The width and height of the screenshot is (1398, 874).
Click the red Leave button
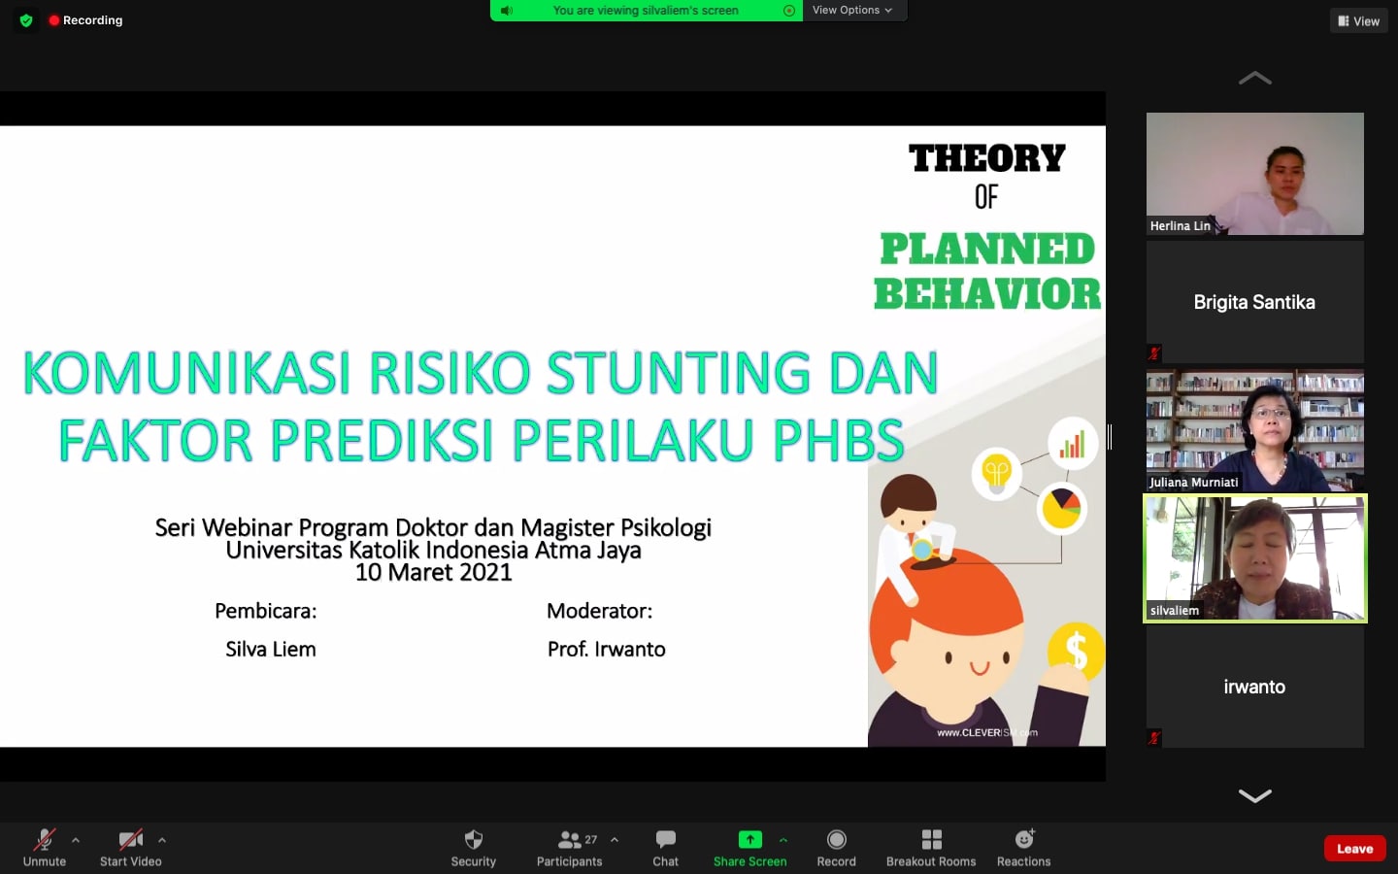tap(1354, 849)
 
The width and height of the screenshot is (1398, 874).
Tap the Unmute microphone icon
tap(45, 840)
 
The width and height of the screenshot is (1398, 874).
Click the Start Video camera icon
tap(130, 840)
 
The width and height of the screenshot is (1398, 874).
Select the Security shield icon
tap(474, 840)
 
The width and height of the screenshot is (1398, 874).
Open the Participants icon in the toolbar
tap(569, 840)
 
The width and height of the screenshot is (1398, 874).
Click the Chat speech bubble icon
tap(665, 840)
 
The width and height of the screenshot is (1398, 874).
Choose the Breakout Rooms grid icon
tap(931, 840)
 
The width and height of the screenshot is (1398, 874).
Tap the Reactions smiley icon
tap(1024, 839)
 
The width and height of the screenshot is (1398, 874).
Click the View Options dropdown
tap(852, 10)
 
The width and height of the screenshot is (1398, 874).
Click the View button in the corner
tap(1359, 21)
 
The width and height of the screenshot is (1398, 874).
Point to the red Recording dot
tap(53, 20)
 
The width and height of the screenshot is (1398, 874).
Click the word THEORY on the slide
tap(986, 157)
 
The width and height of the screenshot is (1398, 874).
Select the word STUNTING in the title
tap(679, 372)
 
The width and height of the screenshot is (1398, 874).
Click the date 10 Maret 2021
tap(433, 572)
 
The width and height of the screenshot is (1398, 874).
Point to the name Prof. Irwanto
tap(606, 650)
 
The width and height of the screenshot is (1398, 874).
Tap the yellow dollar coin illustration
tap(1076, 651)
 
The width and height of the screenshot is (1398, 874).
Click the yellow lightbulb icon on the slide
tap(996, 473)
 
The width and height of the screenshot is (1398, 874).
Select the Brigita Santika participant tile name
tap(1254, 302)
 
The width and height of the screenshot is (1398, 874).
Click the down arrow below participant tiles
tap(1254, 795)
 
